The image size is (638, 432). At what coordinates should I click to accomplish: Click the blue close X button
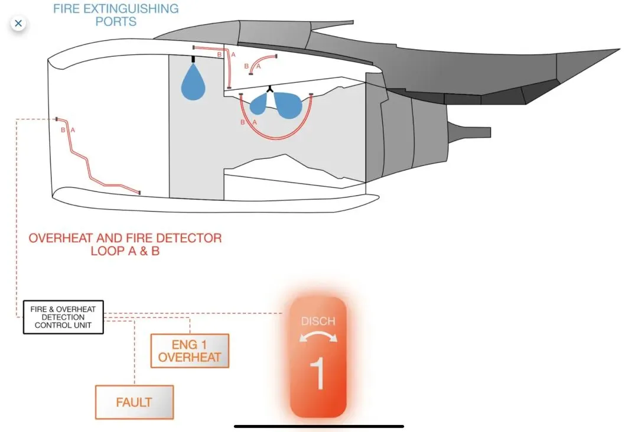click(18, 24)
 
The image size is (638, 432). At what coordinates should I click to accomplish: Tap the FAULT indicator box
click(134, 402)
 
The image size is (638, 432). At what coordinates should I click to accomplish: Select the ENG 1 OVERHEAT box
click(190, 350)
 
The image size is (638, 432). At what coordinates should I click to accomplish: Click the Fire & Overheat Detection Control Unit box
click(63, 317)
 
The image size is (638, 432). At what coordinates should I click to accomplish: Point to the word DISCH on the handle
click(318, 321)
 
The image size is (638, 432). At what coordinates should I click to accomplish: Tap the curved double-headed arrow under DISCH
click(318, 337)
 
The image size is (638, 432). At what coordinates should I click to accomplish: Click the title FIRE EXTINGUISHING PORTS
click(116, 15)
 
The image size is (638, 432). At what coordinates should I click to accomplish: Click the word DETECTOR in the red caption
click(189, 238)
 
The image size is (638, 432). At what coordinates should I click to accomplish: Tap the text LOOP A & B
click(125, 251)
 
